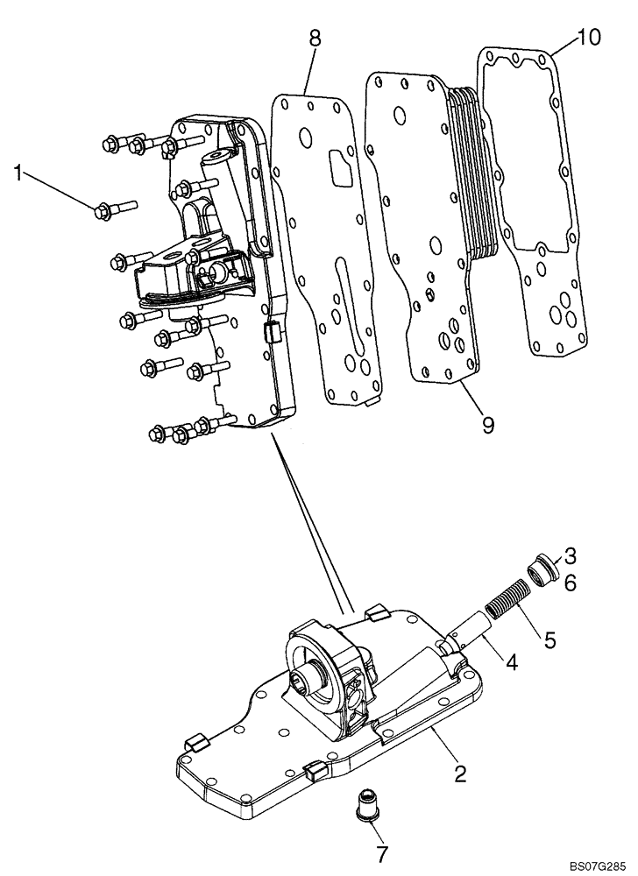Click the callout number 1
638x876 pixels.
click(18, 173)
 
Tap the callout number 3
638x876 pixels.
click(570, 555)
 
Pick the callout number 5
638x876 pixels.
click(549, 640)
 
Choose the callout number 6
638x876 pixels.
click(570, 583)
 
